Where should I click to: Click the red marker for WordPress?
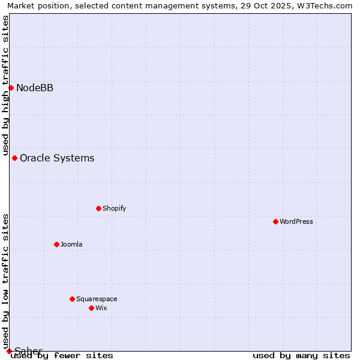click(275, 221)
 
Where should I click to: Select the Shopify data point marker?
click(98, 208)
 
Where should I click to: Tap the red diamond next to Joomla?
click(56, 244)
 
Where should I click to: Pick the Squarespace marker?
click(72, 299)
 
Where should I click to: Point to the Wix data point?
click(91, 308)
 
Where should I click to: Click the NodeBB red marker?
click(11, 88)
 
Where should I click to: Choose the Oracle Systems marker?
click(14, 158)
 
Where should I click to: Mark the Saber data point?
click(9, 351)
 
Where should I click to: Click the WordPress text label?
click(296, 221)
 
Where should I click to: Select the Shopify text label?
click(114, 208)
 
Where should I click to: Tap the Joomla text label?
click(71, 244)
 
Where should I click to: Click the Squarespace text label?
click(97, 299)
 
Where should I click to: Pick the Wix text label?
click(101, 308)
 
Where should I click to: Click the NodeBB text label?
click(35, 88)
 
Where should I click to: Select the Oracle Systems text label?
click(57, 158)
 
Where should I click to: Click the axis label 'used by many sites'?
click(301, 355)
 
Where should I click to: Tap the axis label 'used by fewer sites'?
click(62, 355)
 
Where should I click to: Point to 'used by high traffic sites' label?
click(5, 85)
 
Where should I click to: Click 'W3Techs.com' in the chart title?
click(325, 5)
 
